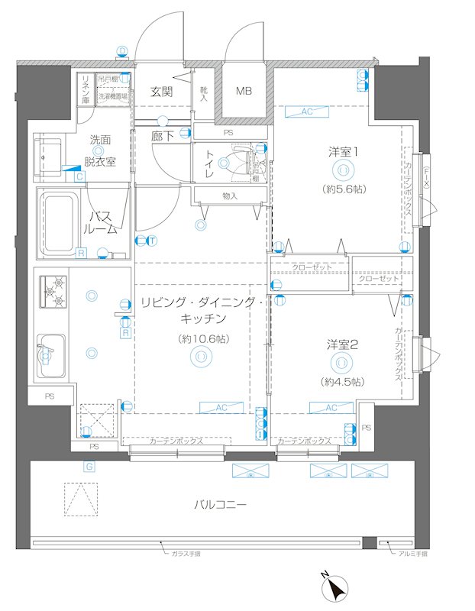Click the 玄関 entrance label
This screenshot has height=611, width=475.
click(x=160, y=92)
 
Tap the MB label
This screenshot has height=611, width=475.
click(x=244, y=92)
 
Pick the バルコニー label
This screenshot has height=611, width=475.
click(x=220, y=505)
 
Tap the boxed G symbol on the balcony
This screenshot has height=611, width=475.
click(x=89, y=466)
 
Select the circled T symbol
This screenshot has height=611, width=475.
click(x=153, y=241)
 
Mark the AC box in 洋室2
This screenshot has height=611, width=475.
click(x=330, y=408)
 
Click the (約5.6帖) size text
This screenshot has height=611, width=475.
click(x=343, y=188)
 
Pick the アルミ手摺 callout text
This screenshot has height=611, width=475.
click(x=412, y=554)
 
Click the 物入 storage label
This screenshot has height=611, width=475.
click(x=230, y=196)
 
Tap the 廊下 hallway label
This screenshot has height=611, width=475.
click(x=161, y=136)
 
